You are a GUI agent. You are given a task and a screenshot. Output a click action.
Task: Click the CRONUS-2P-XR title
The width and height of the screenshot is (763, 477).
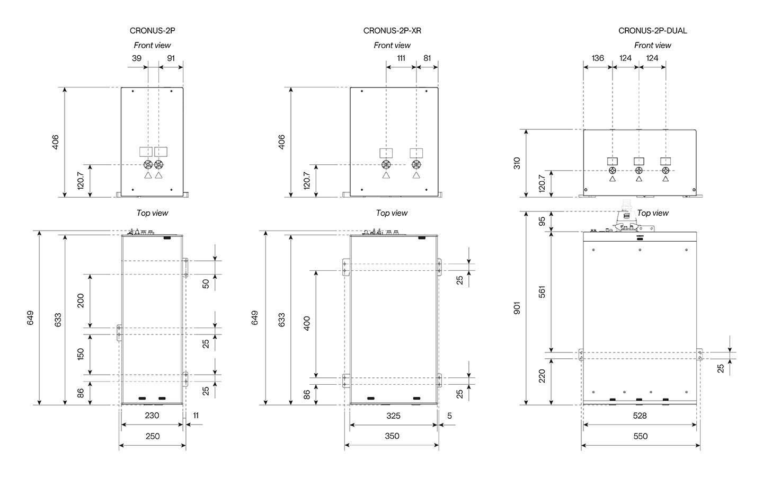(x=392, y=31)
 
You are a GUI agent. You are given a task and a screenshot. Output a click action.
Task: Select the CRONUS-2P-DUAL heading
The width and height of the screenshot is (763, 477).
(x=653, y=31)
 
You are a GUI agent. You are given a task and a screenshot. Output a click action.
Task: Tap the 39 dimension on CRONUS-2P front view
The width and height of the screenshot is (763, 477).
(x=137, y=58)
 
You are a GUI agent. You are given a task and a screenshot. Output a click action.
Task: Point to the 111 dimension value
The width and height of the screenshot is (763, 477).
(x=401, y=58)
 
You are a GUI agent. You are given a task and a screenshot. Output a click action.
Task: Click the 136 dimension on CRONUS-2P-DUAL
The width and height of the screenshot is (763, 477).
(x=598, y=58)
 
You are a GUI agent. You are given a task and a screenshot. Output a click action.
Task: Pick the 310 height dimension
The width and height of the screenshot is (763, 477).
(x=517, y=163)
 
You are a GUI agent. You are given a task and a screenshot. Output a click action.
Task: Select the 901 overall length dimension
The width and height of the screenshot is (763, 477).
(x=517, y=308)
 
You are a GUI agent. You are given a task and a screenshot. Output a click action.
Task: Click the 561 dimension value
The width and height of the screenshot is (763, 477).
(x=542, y=292)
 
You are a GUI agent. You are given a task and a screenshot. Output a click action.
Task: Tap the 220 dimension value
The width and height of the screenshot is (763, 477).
(x=542, y=376)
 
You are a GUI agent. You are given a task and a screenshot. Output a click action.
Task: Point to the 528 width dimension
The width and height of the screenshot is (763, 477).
(x=640, y=416)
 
